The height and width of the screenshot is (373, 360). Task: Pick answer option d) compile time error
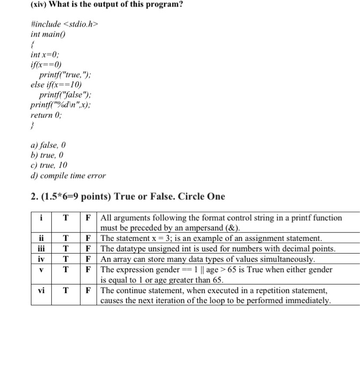click(68, 175)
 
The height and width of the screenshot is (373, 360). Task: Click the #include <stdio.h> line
click(65, 24)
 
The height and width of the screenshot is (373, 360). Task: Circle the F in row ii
click(90, 238)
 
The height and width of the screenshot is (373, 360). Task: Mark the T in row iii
click(66, 248)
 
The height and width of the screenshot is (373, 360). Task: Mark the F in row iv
click(90, 259)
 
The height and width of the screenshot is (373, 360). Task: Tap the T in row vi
click(66, 290)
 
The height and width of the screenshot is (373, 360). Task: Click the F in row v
click(90, 269)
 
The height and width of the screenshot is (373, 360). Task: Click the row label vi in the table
click(41, 290)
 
